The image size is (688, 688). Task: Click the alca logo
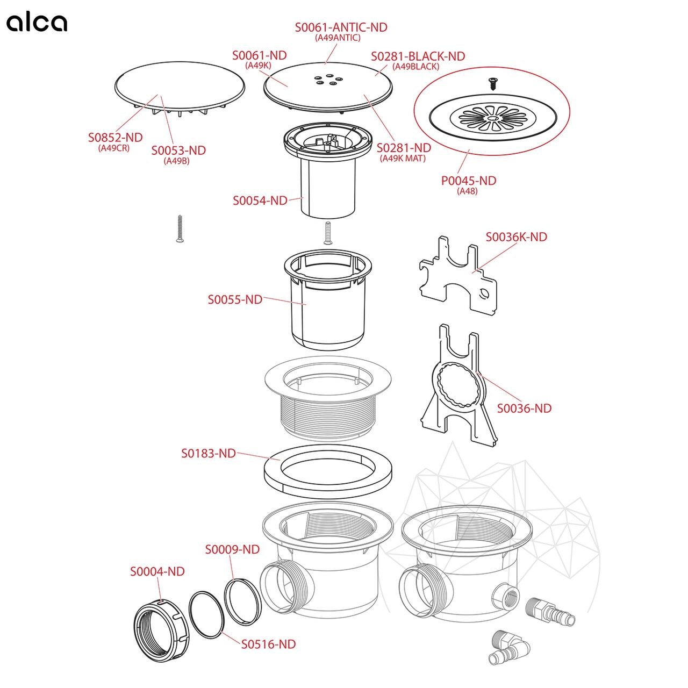37,23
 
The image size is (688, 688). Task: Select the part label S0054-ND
260,200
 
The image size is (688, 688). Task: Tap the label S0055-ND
235,299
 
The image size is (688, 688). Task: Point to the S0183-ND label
208,453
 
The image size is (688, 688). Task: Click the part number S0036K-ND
516,237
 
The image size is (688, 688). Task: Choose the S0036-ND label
524,408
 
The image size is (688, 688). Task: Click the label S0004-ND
157,571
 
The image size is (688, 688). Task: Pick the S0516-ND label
268,644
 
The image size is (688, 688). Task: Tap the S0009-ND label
232,549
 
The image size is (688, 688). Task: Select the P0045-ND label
468,181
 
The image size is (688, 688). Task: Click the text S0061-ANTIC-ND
341,27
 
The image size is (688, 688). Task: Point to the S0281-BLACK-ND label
418,56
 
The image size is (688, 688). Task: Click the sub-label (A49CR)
114,148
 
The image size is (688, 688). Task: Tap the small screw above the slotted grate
492,82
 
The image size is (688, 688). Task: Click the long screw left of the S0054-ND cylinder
180,228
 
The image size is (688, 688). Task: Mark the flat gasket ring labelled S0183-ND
334,471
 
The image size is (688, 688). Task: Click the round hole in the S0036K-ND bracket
484,293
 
